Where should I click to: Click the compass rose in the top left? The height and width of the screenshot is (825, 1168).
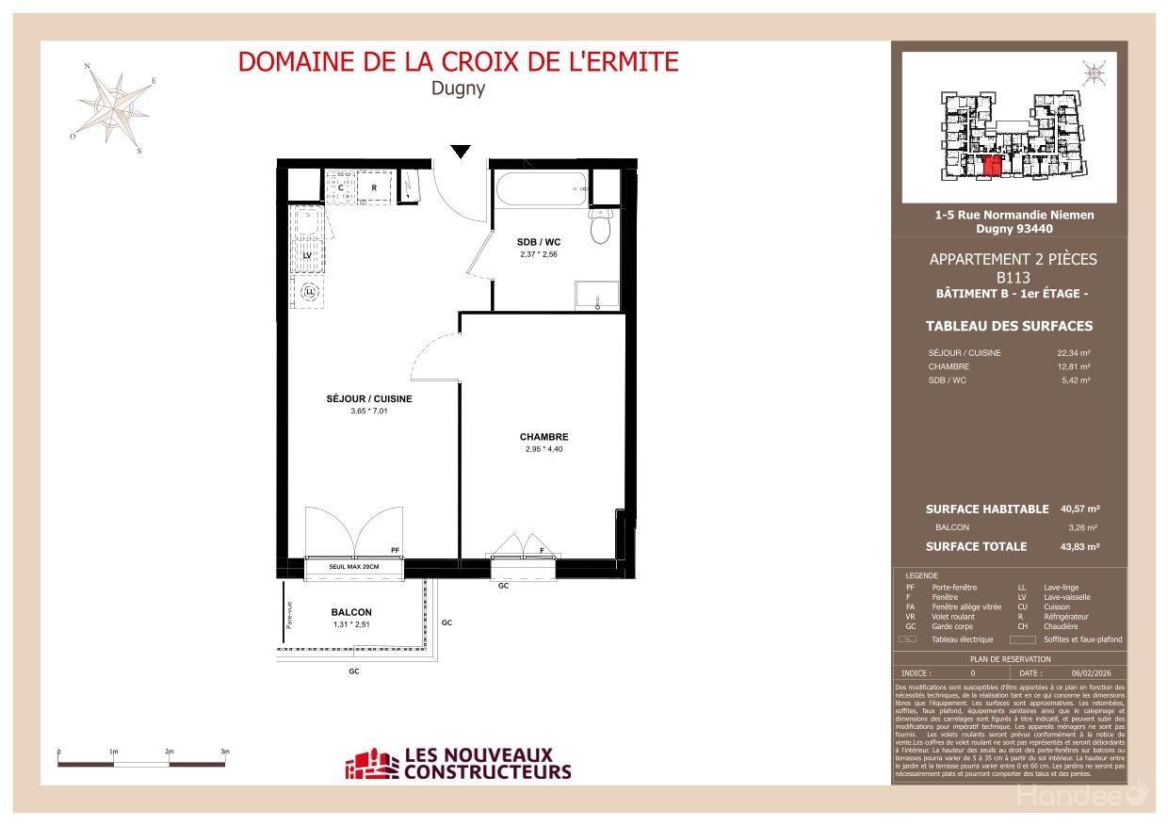point(114,105)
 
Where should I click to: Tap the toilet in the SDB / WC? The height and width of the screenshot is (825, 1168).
point(600,226)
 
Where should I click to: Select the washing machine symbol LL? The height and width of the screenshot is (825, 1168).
point(308,293)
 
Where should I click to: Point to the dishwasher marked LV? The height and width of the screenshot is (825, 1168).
point(308,254)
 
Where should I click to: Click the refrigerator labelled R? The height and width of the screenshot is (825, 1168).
point(374,187)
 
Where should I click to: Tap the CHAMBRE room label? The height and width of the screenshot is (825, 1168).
point(543,437)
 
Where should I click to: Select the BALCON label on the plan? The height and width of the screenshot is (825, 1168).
point(351,612)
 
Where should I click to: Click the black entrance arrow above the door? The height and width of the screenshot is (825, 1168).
point(460,152)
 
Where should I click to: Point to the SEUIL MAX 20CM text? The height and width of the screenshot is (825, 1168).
point(353,567)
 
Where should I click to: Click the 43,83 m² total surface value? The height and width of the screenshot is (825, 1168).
point(1079,546)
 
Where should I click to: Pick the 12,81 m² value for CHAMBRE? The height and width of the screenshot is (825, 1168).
point(1073,366)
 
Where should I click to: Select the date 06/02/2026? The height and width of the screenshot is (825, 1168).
point(1091,673)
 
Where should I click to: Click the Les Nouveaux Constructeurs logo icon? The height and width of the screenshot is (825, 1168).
point(372,765)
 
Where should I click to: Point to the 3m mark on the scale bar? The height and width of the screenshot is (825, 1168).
point(225,752)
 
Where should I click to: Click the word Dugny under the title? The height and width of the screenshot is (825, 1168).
point(458,88)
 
